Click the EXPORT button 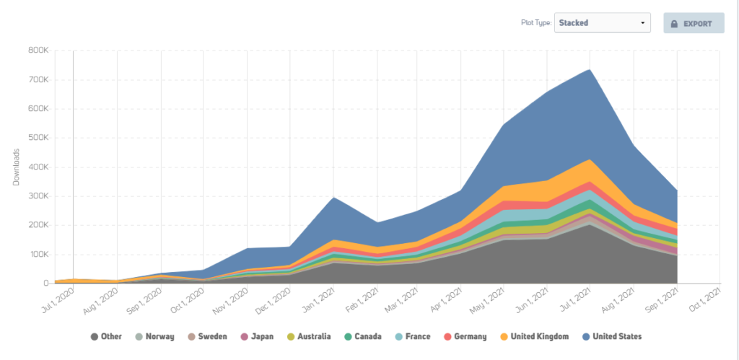point(694,23)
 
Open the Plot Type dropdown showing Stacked point(603,22)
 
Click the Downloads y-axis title point(16,167)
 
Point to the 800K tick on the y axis point(39,51)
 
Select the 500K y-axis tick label point(39,138)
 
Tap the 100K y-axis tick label point(40,255)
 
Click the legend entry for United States point(612,336)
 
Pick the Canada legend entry point(362,336)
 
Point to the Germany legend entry point(465,336)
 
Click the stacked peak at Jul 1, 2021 point(590,69)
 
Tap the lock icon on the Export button point(674,24)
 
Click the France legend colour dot point(398,337)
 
